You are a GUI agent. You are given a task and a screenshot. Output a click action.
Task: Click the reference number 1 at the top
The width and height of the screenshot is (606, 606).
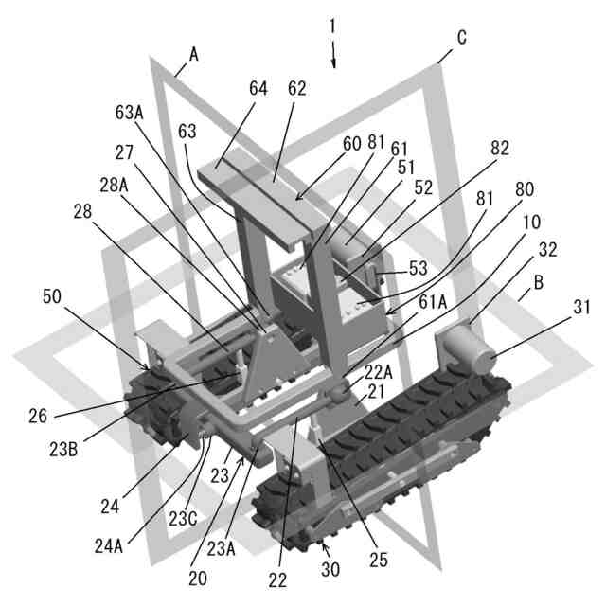click(331, 27)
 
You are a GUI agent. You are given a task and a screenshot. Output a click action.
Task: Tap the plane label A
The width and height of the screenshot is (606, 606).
click(193, 55)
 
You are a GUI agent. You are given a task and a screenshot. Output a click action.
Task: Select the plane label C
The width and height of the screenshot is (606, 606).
click(461, 38)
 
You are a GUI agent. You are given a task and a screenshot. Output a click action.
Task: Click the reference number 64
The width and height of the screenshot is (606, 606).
click(258, 88)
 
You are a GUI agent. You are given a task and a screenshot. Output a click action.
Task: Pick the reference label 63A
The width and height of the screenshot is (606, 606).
click(129, 113)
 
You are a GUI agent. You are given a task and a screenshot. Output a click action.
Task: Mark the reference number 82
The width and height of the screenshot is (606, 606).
click(499, 149)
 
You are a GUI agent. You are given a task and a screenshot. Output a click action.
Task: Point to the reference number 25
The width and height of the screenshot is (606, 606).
click(379, 561)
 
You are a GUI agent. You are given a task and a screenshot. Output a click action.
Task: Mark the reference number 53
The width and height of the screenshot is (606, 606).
click(417, 269)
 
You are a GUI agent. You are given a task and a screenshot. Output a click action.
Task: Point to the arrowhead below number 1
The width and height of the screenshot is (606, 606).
click(333, 62)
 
